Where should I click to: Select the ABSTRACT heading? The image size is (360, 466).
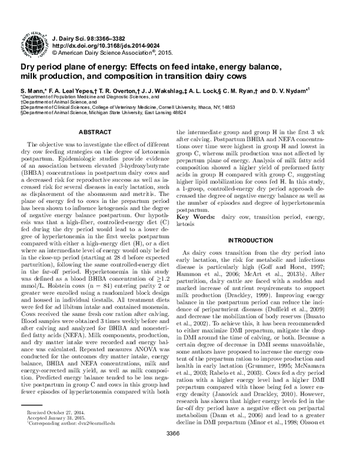97,131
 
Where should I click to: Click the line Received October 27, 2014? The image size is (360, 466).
58,431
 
